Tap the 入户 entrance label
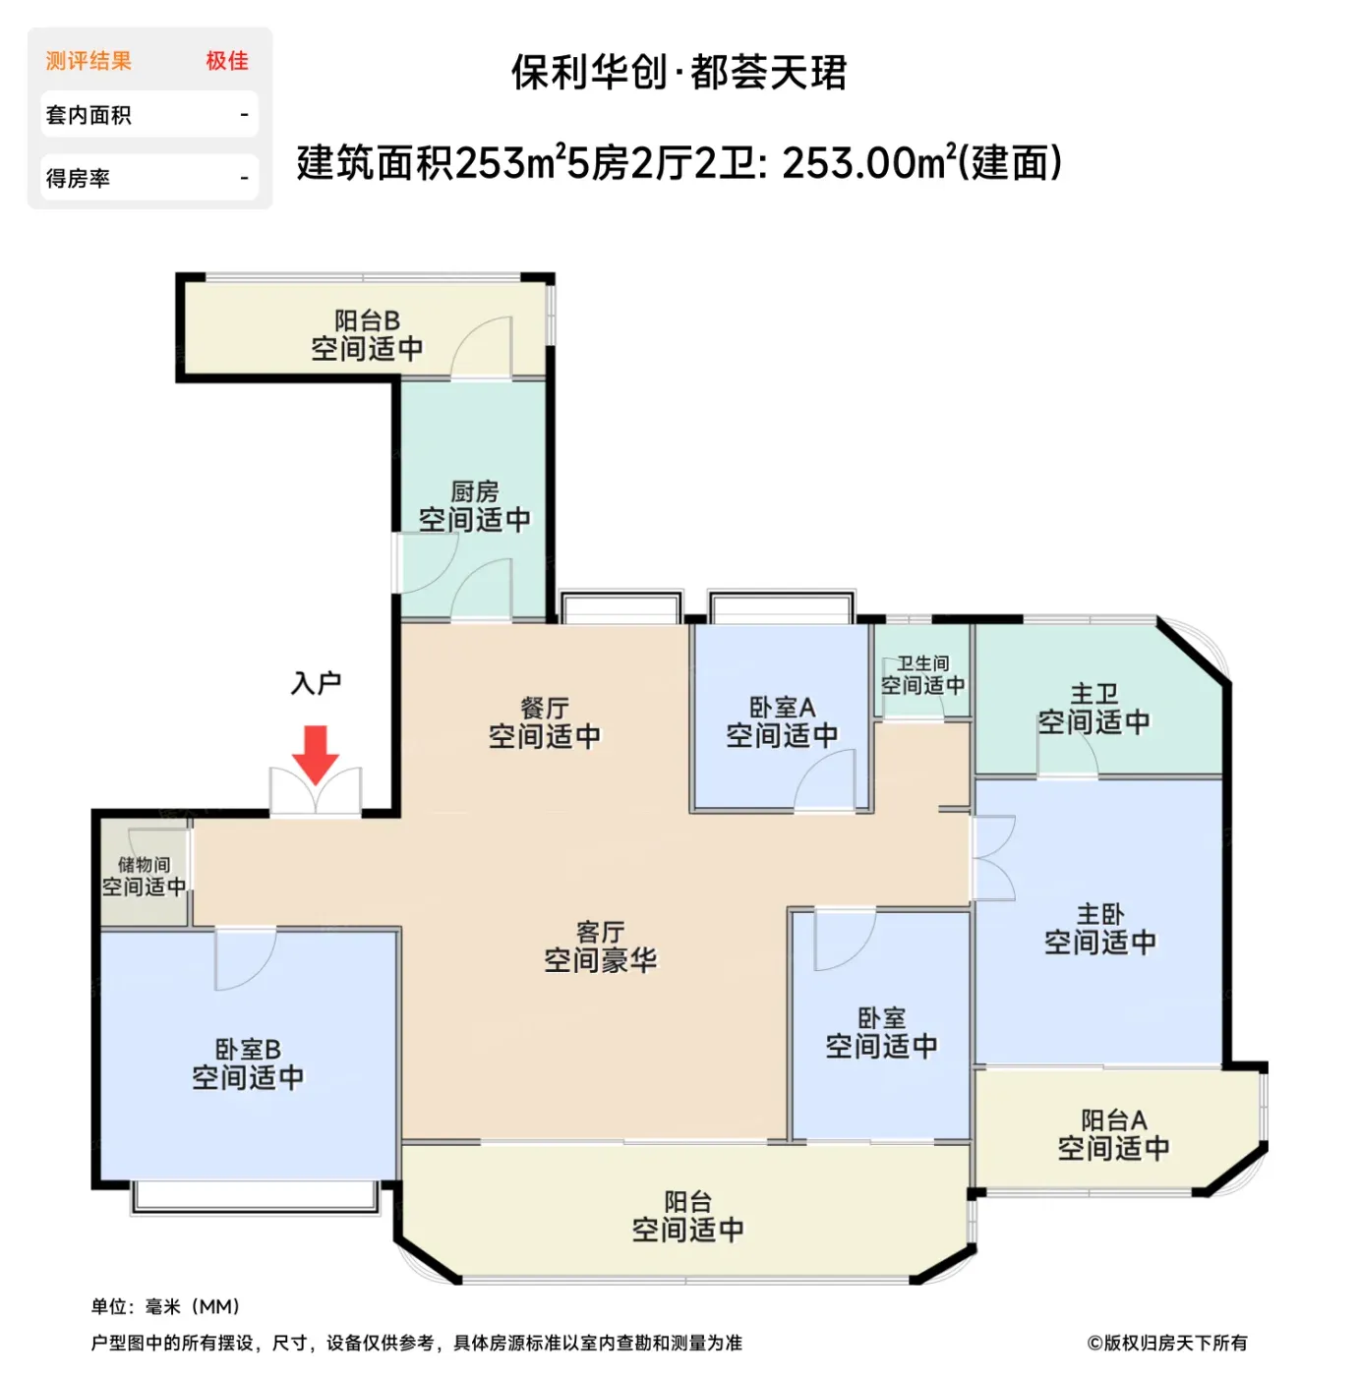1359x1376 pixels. pos(316,683)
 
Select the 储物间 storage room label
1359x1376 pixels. pos(145,865)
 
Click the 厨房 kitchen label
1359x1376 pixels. pos(474,491)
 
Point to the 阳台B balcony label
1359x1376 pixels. pos(367,319)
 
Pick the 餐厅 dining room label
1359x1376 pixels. pos(545,708)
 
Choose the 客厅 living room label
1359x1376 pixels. pos(600,931)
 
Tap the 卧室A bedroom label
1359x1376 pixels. pos(783,707)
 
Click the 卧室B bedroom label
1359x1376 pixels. pos(248,1049)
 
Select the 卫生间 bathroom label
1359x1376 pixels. pos(923,663)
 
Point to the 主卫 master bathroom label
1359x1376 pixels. pos(1093,693)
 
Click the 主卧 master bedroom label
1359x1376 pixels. pos(1100,914)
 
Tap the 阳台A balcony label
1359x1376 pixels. pos(1114,1119)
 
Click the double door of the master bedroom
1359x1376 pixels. pos(992,858)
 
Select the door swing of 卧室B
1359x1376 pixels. pos(246,959)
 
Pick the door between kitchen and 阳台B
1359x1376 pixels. pos(481,348)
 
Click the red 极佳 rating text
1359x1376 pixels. pos(227,61)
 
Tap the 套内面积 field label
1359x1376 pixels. pos(89,115)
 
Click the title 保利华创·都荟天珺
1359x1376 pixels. pos(679,72)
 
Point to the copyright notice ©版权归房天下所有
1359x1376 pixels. pos(1167,1343)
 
